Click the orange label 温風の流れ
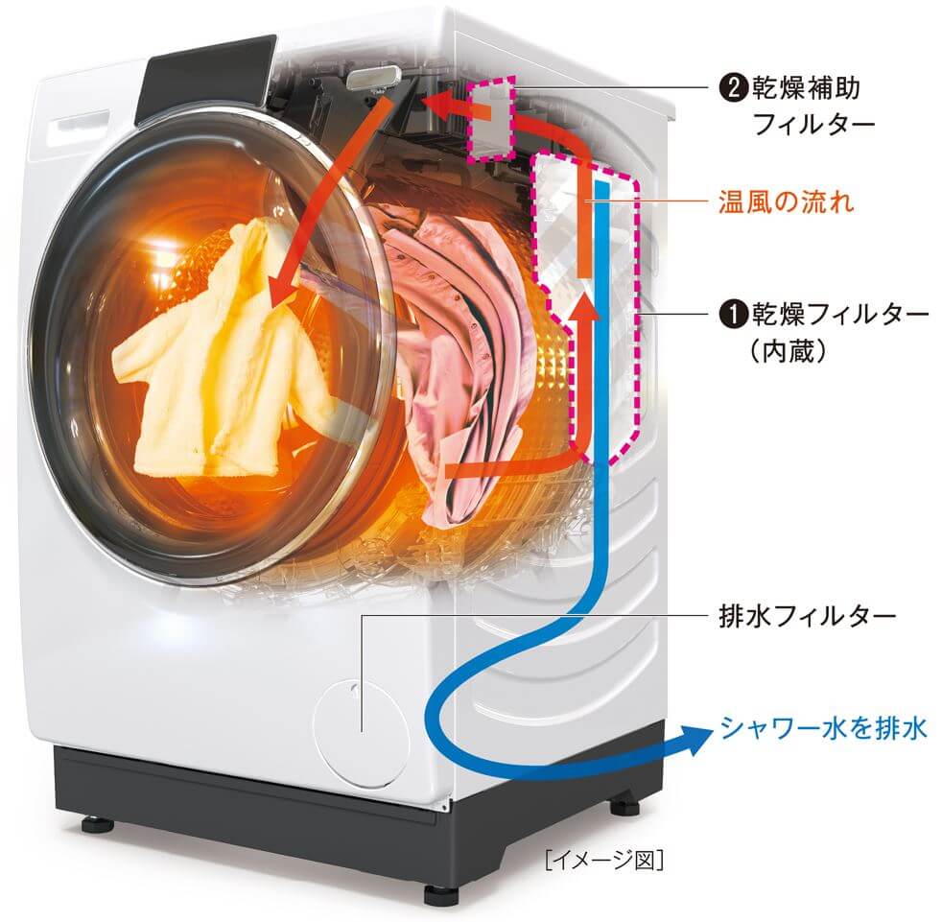[786, 201]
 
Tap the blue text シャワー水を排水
[823, 728]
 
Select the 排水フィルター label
[808, 616]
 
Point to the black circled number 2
[733, 89]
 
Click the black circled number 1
[733, 315]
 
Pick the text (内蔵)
[788, 351]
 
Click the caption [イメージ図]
[604, 860]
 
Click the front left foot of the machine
[97, 823]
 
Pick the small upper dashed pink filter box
[491, 118]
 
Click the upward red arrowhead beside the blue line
[583, 308]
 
